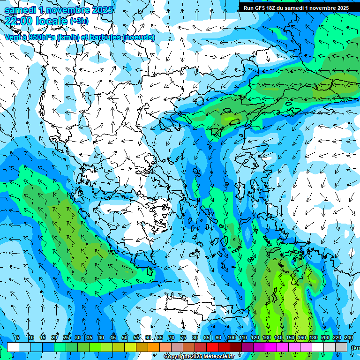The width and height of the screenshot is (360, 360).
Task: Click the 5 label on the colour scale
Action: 18,337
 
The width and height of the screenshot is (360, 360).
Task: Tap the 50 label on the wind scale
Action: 125,337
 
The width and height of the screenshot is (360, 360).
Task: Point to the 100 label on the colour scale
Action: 232,337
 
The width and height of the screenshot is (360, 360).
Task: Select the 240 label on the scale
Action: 349,337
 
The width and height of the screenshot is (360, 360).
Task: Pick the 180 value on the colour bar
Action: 314,337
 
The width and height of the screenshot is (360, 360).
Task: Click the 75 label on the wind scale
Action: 183,337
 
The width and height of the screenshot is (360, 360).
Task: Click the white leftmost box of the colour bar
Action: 13,347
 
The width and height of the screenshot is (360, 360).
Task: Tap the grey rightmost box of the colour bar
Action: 342,347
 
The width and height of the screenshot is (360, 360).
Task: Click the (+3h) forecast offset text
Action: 79,21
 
